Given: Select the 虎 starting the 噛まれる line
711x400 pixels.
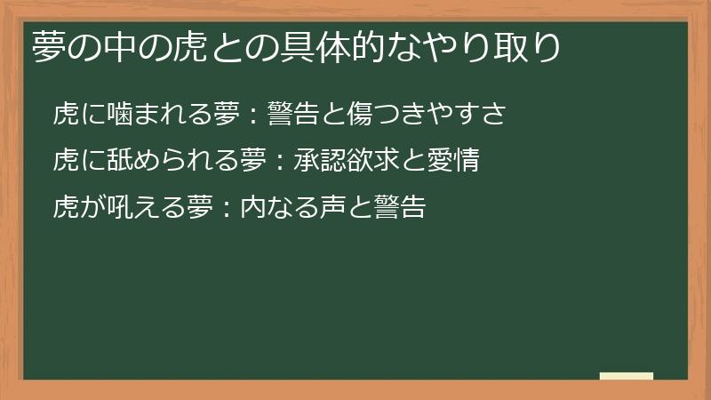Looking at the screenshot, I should tap(66, 114).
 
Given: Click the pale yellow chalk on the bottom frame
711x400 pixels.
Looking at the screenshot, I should tap(626, 376).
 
